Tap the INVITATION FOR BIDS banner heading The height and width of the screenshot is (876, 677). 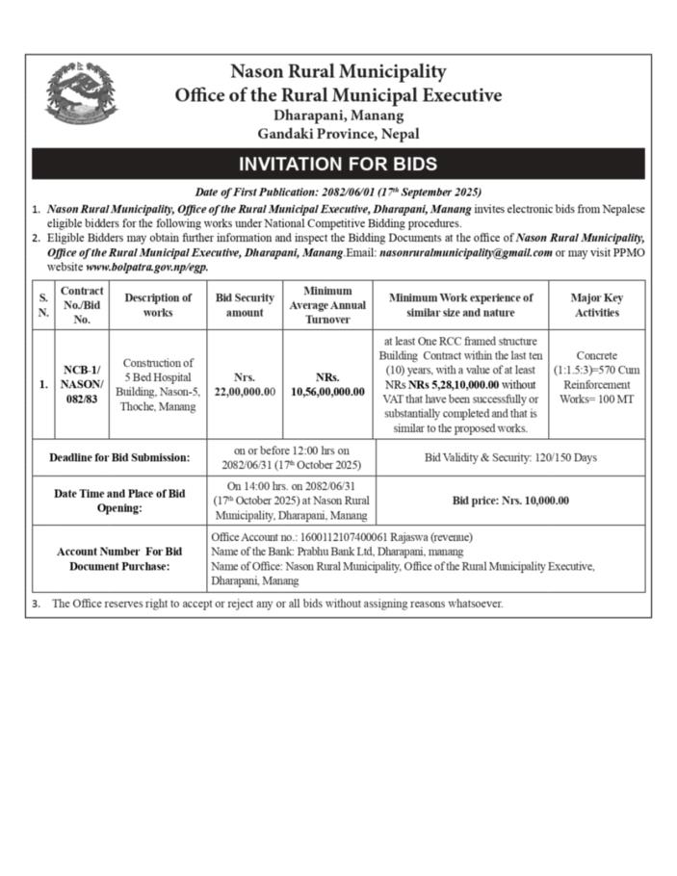337,164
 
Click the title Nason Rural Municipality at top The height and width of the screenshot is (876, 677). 337,72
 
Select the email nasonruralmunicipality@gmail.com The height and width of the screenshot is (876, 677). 466,253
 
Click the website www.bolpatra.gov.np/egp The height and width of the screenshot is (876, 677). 146,267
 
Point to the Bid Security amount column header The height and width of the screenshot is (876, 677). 244,305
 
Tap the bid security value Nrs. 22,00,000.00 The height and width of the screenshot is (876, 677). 244,385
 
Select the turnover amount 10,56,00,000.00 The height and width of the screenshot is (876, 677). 327,392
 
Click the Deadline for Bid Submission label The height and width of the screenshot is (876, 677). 119,457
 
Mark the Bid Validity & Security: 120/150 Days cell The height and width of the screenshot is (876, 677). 510,457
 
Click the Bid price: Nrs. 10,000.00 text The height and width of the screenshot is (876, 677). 510,501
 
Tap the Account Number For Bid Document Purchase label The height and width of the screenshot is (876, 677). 119,558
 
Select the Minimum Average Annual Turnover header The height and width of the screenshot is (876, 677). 327,305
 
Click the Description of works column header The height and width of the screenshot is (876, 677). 158,305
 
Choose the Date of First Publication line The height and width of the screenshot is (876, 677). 337,193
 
